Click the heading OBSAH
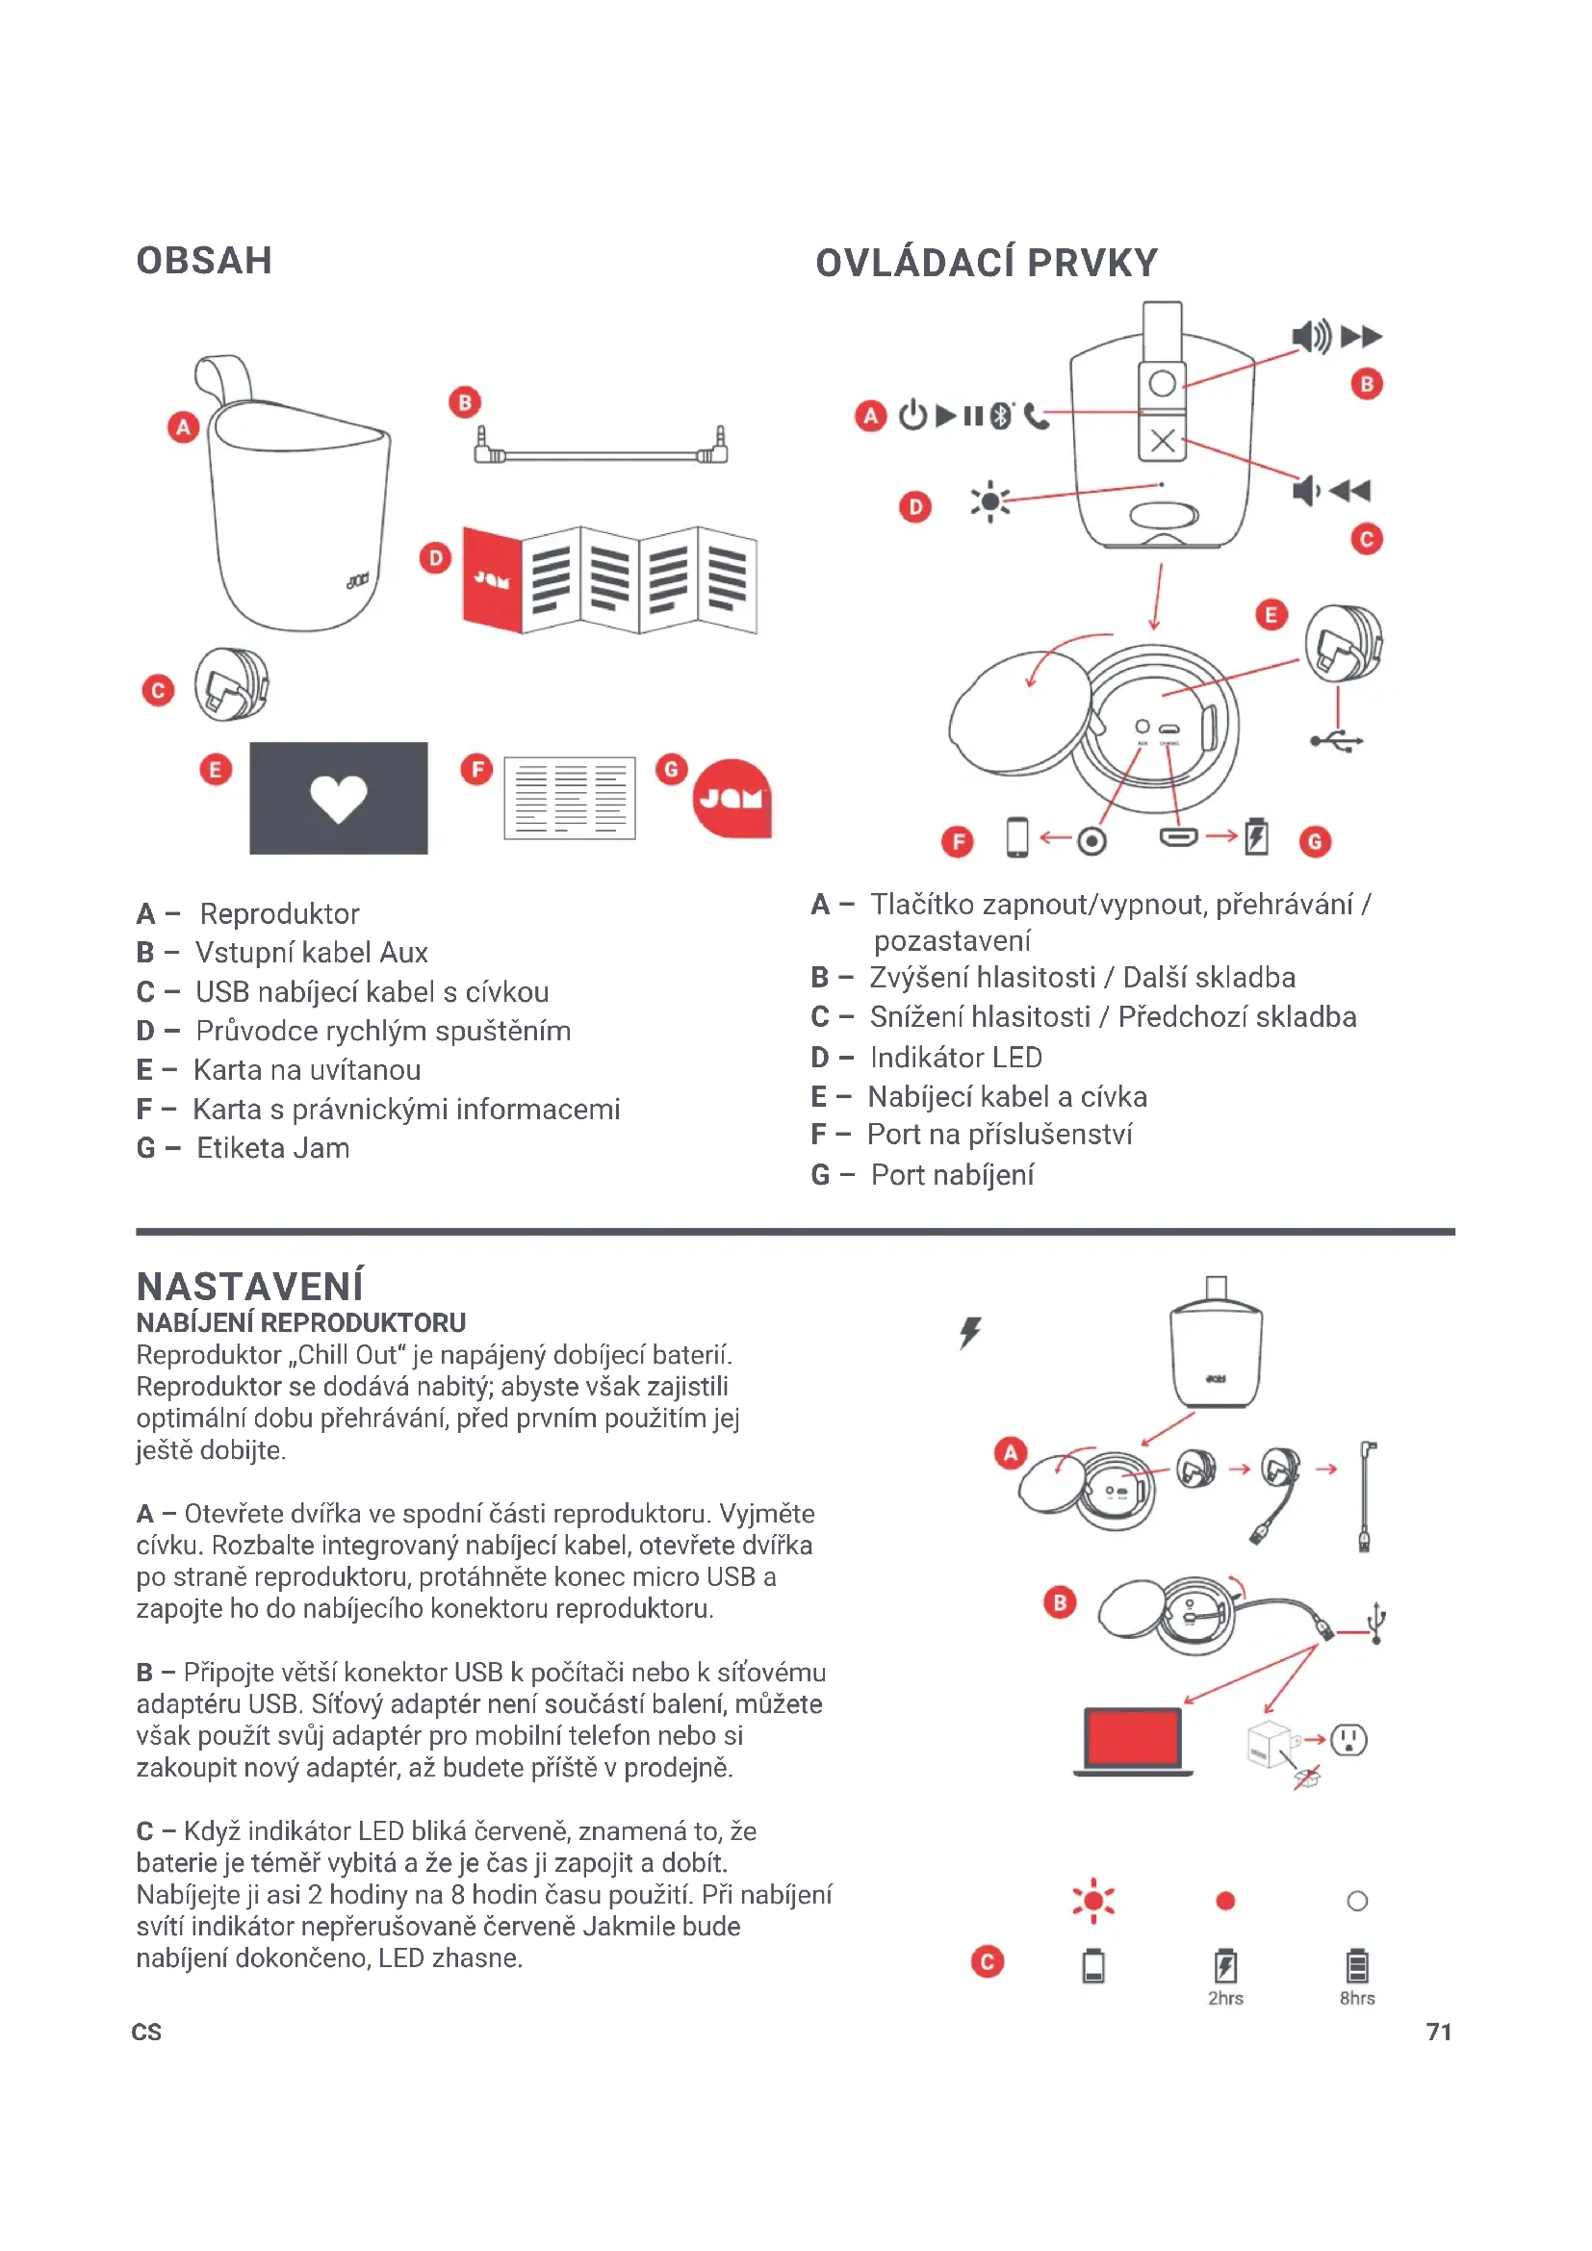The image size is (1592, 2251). [x=204, y=261]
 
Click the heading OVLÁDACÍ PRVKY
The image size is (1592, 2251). [x=987, y=263]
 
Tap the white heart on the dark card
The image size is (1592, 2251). [x=338, y=797]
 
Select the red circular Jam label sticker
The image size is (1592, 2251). [x=732, y=798]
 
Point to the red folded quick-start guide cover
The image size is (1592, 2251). [x=492, y=578]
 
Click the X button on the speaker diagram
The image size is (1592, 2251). [x=1163, y=440]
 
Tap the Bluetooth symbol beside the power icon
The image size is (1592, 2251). [x=1000, y=416]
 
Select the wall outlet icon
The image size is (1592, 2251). [x=1348, y=1739]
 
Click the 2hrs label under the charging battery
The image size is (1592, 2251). [x=1225, y=1998]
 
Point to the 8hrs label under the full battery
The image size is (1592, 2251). [x=1357, y=1998]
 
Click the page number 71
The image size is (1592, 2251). [x=1438, y=2032]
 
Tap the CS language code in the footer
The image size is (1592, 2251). [x=146, y=2033]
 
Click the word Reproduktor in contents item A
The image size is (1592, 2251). [x=279, y=913]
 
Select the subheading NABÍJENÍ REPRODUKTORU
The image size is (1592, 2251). [x=301, y=1322]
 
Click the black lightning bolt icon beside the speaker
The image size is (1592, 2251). [x=969, y=1332]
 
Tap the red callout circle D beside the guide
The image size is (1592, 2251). [x=435, y=559]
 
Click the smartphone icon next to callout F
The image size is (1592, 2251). [x=1017, y=838]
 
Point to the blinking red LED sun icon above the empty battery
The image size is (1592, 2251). [x=1093, y=1902]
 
